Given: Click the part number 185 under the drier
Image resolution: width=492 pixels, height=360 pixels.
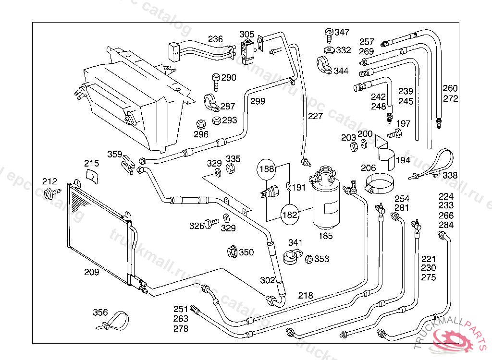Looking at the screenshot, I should pos(325,236).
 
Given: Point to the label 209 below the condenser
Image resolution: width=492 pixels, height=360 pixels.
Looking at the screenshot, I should pos(91,272).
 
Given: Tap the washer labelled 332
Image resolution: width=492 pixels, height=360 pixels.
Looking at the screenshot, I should pos(329,50).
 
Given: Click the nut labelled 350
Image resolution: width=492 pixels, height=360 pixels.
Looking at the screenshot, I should pos(232,252).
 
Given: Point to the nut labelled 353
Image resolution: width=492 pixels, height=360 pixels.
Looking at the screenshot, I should pos(309,259).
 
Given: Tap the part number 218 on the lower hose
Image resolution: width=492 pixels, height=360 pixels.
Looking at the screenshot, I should pos(305,296).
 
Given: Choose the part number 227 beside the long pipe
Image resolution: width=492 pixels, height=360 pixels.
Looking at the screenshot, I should pos(316,116).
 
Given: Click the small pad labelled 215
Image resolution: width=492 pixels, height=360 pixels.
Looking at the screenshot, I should pos(92,176).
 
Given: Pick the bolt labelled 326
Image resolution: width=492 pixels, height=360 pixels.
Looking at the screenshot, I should pos(211,224).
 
